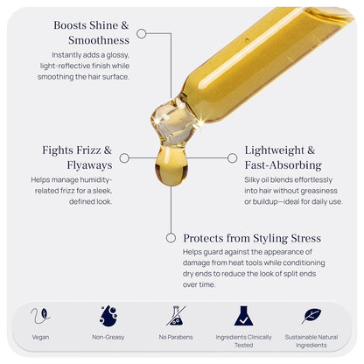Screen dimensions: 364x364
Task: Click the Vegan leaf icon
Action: click(x=40, y=316)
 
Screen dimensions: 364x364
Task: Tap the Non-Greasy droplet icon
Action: click(x=108, y=316)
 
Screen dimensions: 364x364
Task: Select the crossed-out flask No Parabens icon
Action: click(x=176, y=316)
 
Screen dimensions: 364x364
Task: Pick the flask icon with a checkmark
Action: click(x=243, y=316)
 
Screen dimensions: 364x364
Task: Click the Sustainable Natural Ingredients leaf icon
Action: click(x=311, y=316)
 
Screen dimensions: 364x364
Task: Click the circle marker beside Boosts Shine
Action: click(x=142, y=33)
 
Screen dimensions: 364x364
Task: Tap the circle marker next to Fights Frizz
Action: click(x=124, y=158)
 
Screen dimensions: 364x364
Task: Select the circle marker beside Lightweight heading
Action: click(x=232, y=158)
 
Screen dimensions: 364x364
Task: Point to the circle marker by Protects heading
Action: click(x=171, y=238)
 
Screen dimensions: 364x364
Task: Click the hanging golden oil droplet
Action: click(x=171, y=164)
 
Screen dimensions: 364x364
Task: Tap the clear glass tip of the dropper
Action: click(x=174, y=122)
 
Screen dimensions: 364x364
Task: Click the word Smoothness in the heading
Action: click(x=99, y=40)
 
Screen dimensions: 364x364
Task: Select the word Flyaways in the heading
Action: click(x=89, y=165)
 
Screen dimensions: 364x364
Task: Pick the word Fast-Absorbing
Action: click(x=283, y=165)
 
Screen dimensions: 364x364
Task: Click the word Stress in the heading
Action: click(x=305, y=238)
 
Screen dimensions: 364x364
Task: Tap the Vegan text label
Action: click(x=40, y=337)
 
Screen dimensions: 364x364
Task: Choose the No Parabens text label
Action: click(x=176, y=337)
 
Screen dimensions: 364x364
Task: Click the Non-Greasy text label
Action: click(x=108, y=337)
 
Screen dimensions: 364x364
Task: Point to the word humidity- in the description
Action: click(x=96, y=179)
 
